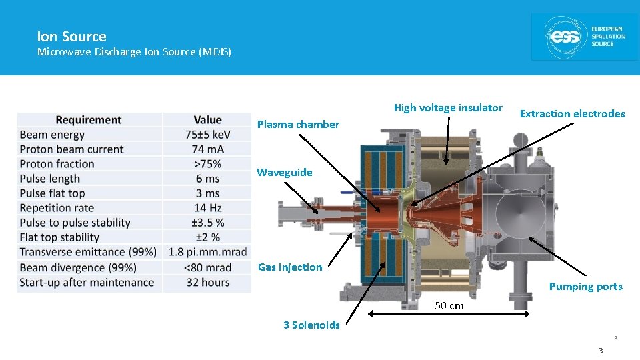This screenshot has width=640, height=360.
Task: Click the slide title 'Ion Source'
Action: pos(71,37)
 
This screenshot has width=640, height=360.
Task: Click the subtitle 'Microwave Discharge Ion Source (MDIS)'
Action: pos(134,51)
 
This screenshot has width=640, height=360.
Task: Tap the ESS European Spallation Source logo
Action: pos(584,37)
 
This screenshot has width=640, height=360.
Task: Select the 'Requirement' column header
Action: pos(88,120)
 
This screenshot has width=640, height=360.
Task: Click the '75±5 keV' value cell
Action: pos(207,135)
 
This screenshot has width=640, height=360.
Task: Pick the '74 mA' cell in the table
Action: pos(207,149)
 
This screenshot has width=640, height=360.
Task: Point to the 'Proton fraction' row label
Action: pos(57,164)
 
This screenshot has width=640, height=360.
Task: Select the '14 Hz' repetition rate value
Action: pos(207,208)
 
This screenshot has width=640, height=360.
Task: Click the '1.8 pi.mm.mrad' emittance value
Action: pos(207,252)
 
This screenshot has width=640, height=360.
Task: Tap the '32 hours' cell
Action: pos(207,282)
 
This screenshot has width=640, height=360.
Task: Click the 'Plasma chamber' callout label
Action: pos(298,124)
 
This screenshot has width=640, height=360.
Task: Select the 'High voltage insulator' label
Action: pos(448,107)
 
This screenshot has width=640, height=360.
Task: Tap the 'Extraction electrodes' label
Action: pos(572,113)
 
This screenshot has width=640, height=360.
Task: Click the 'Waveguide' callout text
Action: pos(285,172)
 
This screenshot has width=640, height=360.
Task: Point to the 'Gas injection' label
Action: pos(290,267)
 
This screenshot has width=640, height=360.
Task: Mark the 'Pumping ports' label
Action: pos(585,287)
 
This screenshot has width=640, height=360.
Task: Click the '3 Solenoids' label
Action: pos(311,325)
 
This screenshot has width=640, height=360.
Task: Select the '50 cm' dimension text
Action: pos(449,305)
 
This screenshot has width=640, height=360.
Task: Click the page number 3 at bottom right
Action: pos(600,351)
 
